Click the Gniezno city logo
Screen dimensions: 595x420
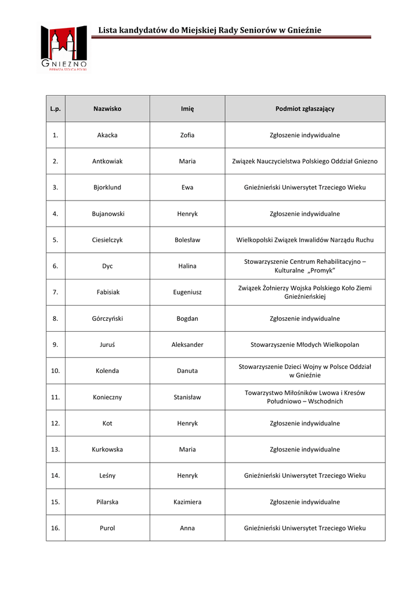tap(64, 49)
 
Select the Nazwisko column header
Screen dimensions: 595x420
tap(107, 109)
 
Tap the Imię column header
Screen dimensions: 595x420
tap(187, 109)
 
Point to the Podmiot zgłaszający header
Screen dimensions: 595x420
tap(305, 109)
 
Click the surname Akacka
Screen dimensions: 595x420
tap(107, 135)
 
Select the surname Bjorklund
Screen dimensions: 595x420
tap(107, 188)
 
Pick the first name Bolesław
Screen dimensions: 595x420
tap(187, 240)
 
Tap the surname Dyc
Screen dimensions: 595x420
tap(107, 266)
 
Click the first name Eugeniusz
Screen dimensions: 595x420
tap(187, 292)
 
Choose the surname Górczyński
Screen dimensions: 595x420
tap(107, 318)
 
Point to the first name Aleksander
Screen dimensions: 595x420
tap(187, 345)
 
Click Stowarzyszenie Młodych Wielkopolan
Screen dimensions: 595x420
tap(305, 345)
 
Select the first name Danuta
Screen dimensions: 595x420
tap(187, 371)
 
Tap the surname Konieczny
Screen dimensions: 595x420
tap(107, 397)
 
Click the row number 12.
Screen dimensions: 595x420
tap(55, 424)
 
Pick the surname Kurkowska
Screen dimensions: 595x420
tap(107, 450)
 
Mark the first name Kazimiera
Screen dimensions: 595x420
tap(187, 502)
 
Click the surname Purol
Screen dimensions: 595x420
tap(107, 528)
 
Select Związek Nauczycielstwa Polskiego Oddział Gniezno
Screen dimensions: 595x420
tap(305, 162)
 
